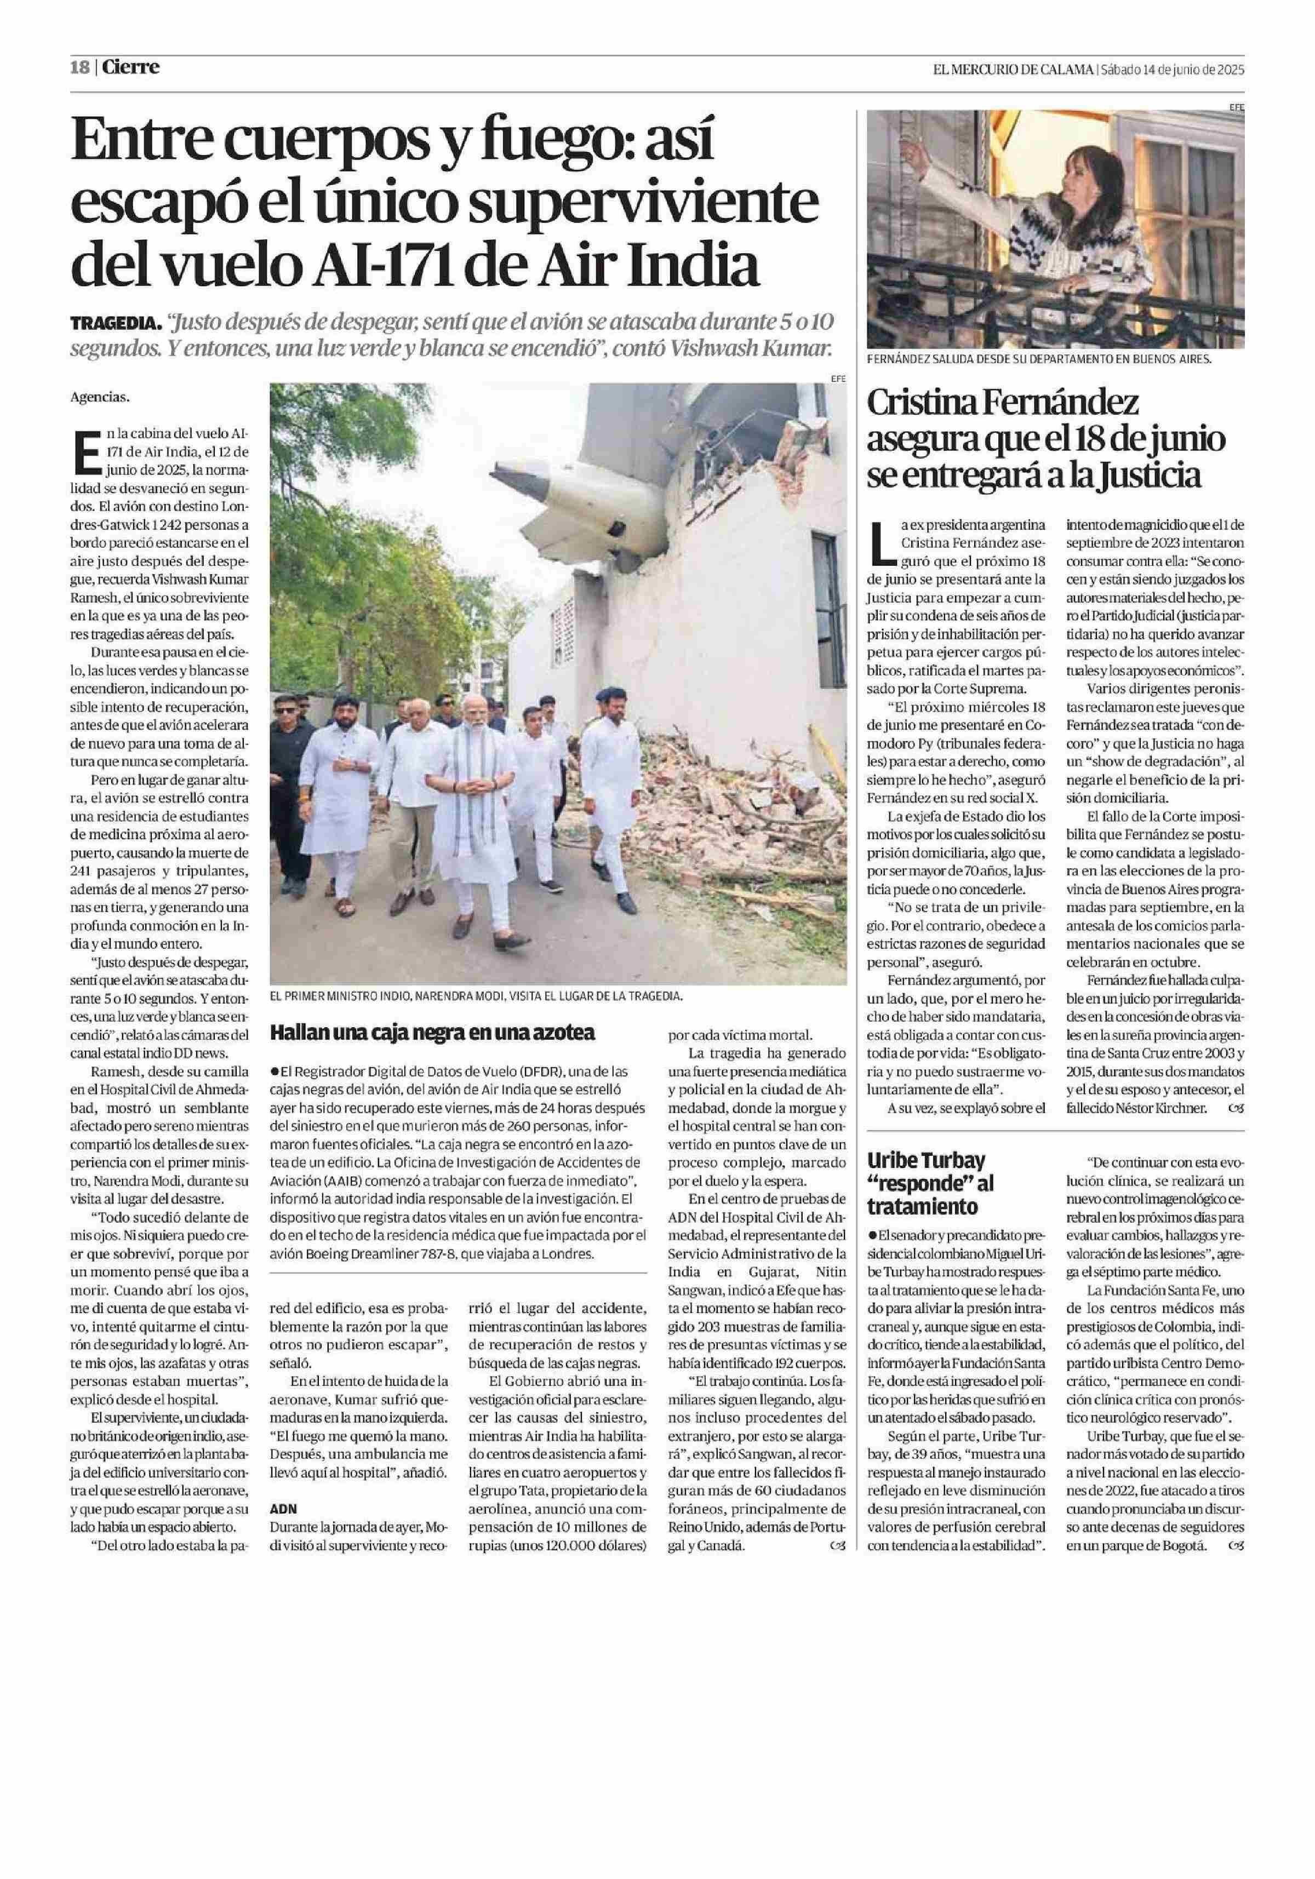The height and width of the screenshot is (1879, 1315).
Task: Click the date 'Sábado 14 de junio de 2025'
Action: pyautogui.click(x=1172, y=70)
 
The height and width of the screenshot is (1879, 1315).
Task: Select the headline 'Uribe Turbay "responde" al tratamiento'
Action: pyautogui.click(x=927, y=1183)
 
